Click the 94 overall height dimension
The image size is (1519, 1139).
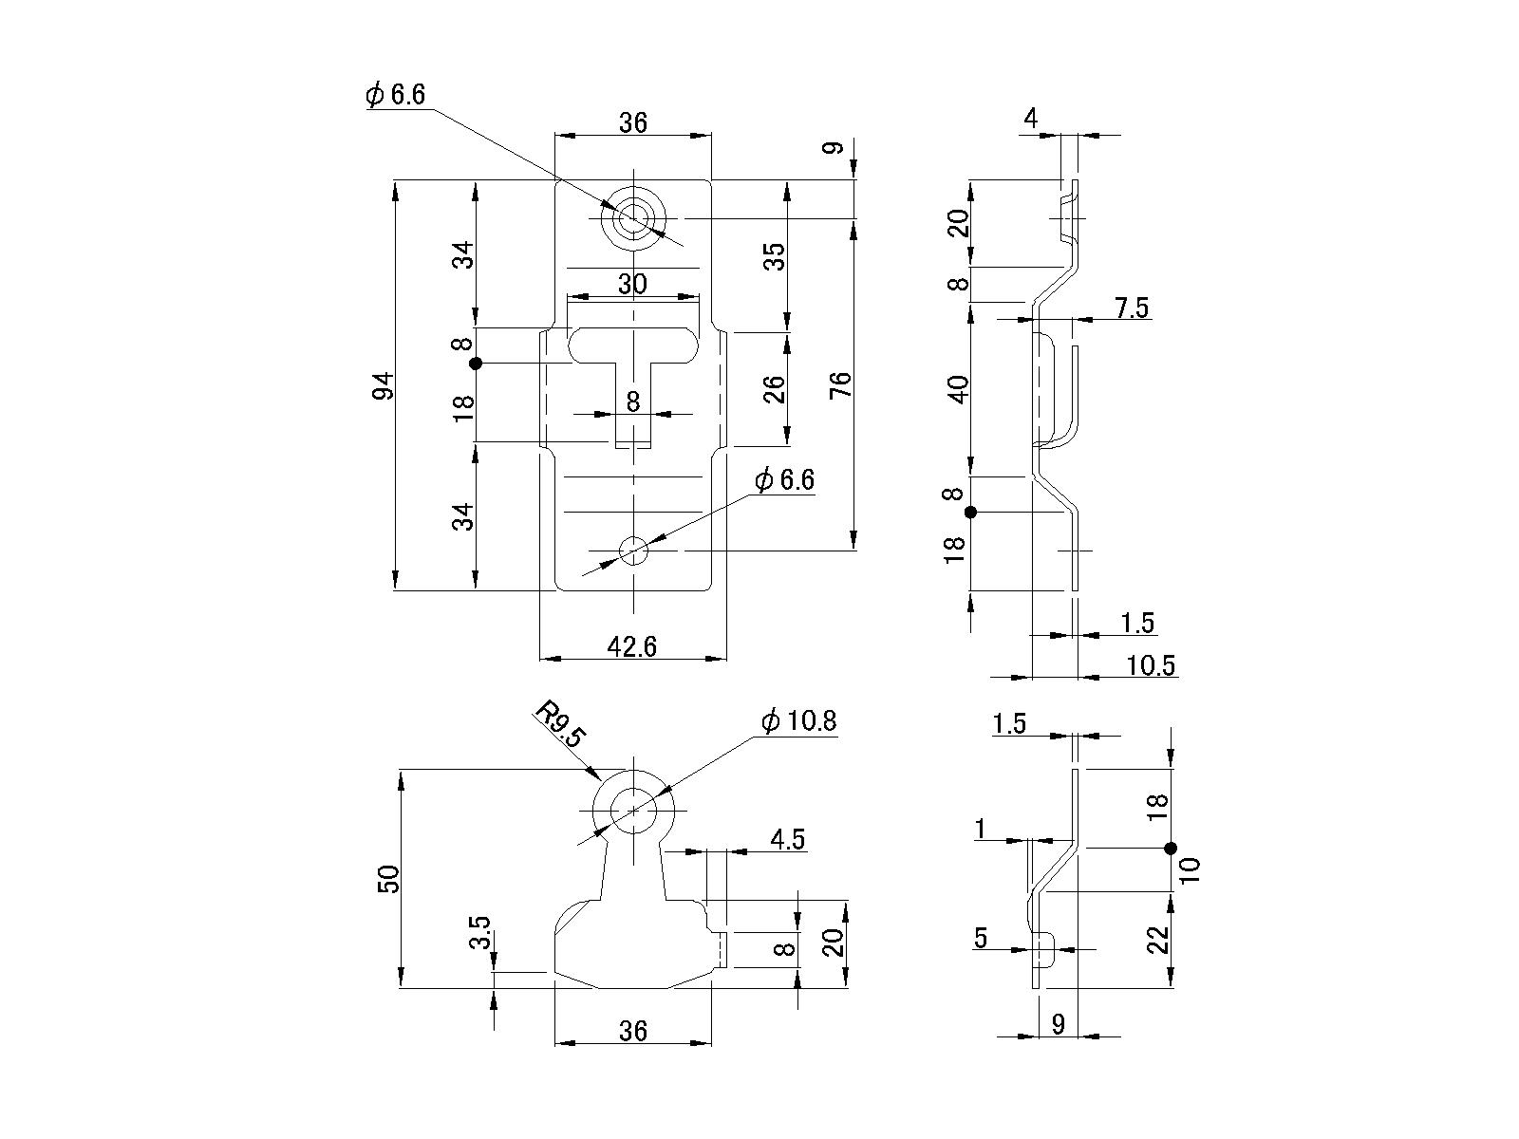tap(383, 385)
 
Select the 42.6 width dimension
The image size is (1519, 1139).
tap(632, 646)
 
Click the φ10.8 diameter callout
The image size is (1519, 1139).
tap(798, 721)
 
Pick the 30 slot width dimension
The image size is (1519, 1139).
tap(632, 284)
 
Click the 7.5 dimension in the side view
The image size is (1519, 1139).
tap(1132, 308)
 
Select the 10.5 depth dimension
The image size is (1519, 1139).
tap(1151, 665)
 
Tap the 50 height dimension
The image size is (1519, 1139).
tap(389, 879)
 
